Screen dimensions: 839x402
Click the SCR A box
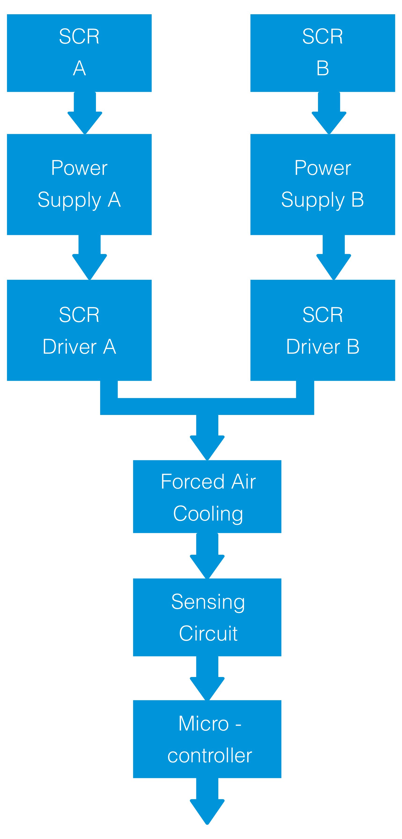(79, 53)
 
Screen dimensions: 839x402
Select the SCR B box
(322, 53)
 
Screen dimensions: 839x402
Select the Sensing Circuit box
(207, 617)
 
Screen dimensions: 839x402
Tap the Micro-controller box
(207, 739)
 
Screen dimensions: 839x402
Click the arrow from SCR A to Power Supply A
(85, 114)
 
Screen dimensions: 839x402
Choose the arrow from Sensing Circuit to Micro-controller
(207, 679)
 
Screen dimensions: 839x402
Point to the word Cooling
(208, 514)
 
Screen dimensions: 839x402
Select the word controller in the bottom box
(210, 756)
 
